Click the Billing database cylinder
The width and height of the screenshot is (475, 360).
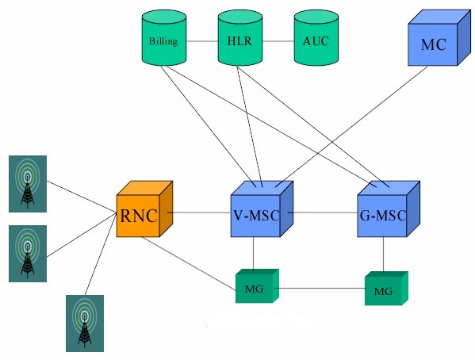(x=163, y=40)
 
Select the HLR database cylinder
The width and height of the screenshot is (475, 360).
(x=239, y=40)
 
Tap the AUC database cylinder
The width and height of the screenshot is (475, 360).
(x=316, y=40)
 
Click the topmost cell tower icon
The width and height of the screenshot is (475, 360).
(x=28, y=183)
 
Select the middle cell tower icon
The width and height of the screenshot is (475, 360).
(x=28, y=253)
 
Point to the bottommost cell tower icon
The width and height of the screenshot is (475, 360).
(x=85, y=323)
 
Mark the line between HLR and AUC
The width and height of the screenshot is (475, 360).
(x=278, y=40)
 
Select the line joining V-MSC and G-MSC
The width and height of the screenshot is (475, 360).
(x=321, y=213)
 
